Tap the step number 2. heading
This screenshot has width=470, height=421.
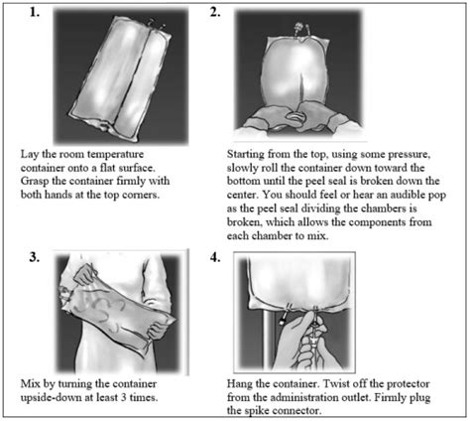click(x=244, y=14)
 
